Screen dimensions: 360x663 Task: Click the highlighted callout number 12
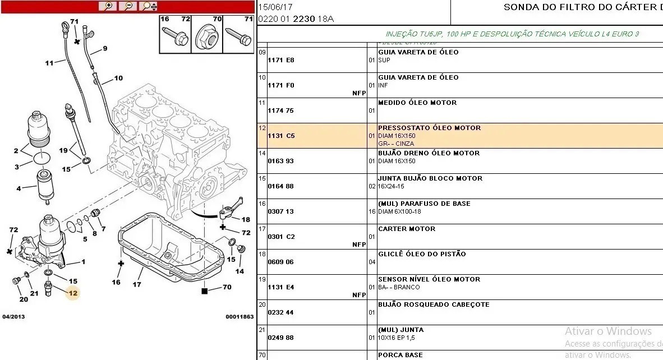pyautogui.click(x=73, y=293)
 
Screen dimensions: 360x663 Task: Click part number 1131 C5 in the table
pyautogui.click(x=281, y=136)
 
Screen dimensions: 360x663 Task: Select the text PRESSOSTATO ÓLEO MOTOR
pyautogui.click(x=429, y=128)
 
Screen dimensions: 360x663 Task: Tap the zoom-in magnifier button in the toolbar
pyautogui.click(x=108, y=6)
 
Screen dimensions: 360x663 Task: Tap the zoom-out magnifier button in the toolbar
pyautogui.click(x=128, y=6)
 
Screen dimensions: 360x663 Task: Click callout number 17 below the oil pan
pyautogui.click(x=136, y=285)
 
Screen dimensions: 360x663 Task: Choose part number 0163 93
pyautogui.click(x=280, y=161)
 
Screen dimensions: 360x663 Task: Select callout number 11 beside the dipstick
pyautogui.click(x=49, y=63)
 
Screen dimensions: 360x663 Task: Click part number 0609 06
pyautogui.click(x=280, y=262)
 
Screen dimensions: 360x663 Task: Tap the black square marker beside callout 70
pyautogui.click(x=204, y=291)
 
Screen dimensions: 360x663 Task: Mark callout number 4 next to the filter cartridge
pyautogui.click(x=19, y=188)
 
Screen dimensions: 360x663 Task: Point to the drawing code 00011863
pyautogui.click(x=240, y=317)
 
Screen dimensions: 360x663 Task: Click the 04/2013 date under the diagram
pyautogui.click(x=13, y=317)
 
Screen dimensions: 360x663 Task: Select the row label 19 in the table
pyautogui.click(x=262, y=279)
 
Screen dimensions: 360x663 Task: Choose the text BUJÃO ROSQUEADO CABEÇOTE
pyautogui.click(x=434, y=304)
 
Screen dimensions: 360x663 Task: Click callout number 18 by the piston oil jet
pyautogui.click(x=246, y=219)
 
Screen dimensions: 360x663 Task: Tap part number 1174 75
pyautogui.click(x=280, y=110)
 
